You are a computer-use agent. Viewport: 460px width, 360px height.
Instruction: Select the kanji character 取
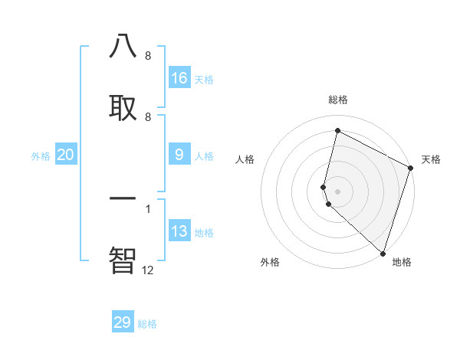click(123, 107)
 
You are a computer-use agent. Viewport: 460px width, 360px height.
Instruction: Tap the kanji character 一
click(123, 198)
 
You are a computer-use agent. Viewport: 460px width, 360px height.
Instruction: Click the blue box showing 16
click(179, 77)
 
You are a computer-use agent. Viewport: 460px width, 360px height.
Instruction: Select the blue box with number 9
click(179, 155)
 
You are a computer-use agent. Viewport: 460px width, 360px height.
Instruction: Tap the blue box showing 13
click(179, 231)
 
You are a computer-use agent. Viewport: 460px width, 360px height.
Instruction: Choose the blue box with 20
click(66, 155)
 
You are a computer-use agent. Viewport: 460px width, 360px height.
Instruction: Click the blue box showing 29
click(123, 322)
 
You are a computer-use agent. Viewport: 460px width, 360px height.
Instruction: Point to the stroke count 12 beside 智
click(148, 270)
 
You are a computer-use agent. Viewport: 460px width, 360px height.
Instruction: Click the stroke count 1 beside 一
click(147, 208)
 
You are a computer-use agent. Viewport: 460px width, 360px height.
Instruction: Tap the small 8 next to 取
click(148, 116)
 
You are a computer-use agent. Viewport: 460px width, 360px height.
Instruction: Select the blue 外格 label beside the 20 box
click(41, 156)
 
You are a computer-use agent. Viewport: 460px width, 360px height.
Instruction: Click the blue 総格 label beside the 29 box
click(147, 324)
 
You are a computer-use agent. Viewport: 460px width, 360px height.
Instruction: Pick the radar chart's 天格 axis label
click(431, 159)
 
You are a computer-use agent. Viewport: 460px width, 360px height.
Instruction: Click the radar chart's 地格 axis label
click(402, 262)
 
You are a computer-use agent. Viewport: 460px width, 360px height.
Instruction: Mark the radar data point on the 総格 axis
click(337, 131)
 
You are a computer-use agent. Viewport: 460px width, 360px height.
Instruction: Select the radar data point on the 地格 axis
click(383, 253)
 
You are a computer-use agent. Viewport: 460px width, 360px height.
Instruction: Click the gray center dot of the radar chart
click(337, 191)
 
